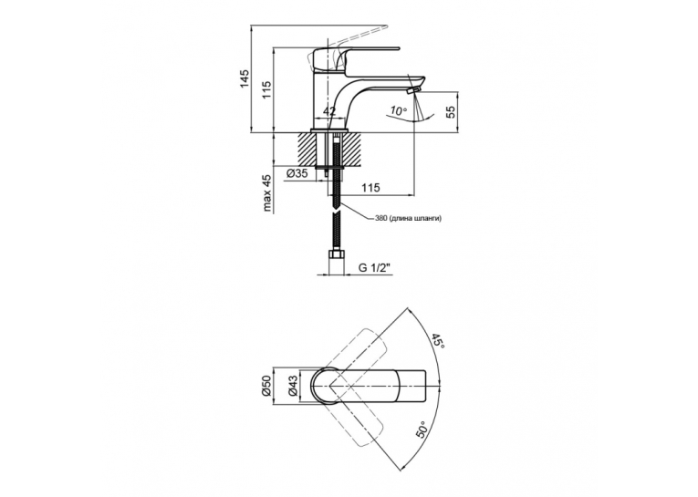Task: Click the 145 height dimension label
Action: tap(245, 79)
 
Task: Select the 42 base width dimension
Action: tap(329, 111)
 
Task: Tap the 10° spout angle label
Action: tap(399, 110)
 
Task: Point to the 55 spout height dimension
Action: tap(452, 111)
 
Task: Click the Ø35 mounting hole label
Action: tap(297, 174)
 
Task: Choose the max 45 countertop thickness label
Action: tap(266, 193)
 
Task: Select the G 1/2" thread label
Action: tap(374, 268)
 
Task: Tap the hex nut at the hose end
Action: tap(336, 257)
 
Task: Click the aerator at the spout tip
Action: tap(413, 91)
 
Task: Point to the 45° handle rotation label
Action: tap(437, 341)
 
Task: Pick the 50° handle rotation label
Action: tap(423, 430)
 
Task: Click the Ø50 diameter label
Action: tap(266, 386)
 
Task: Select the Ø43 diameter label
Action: tap(294, 386)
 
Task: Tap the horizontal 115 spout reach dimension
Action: tap(370, 188)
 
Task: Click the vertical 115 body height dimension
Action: tap(266, 90)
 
